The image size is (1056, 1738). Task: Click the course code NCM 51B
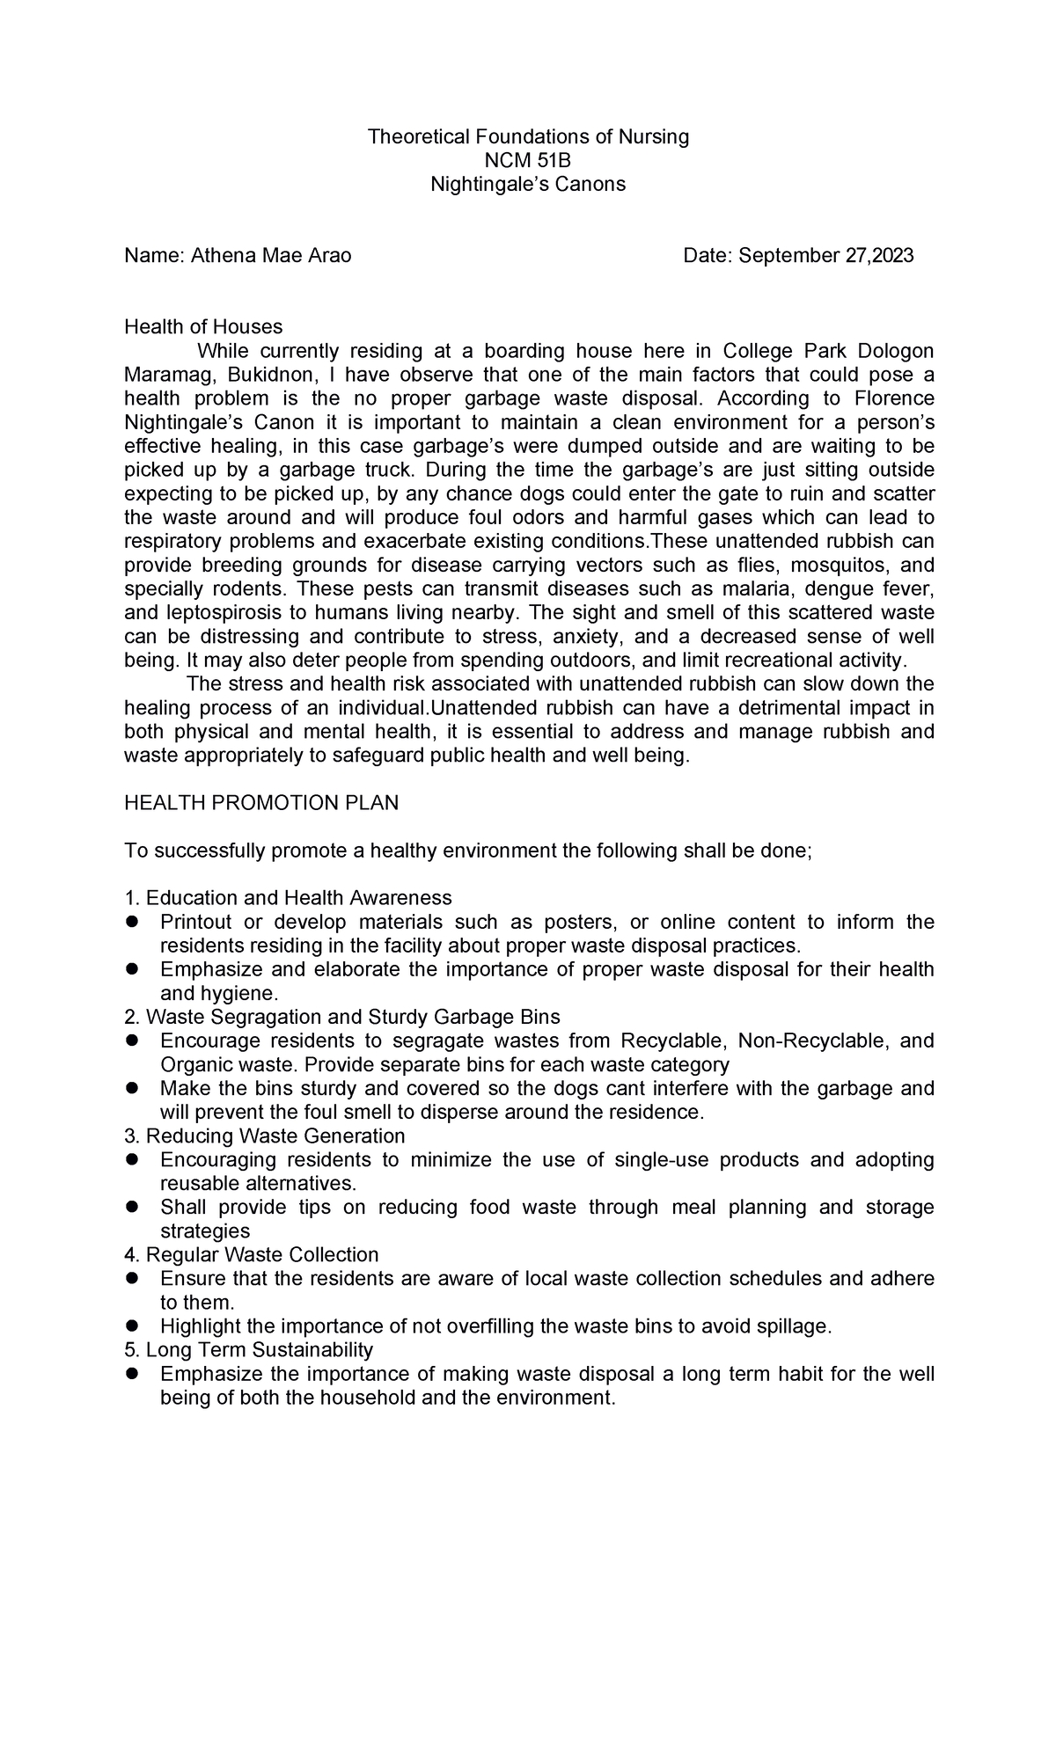point(527,160)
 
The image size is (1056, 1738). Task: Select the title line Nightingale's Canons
point(527,184)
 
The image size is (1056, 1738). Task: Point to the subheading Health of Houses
point(203,327)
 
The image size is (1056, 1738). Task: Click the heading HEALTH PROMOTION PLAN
point(261,803)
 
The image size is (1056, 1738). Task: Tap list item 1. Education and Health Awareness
point(288,898)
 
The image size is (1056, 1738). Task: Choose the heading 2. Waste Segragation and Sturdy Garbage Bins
point(342,1017)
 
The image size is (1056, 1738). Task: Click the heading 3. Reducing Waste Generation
point(265,1136)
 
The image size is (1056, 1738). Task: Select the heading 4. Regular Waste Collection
point(252,1254)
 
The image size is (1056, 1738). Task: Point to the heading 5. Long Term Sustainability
point(249,1349)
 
